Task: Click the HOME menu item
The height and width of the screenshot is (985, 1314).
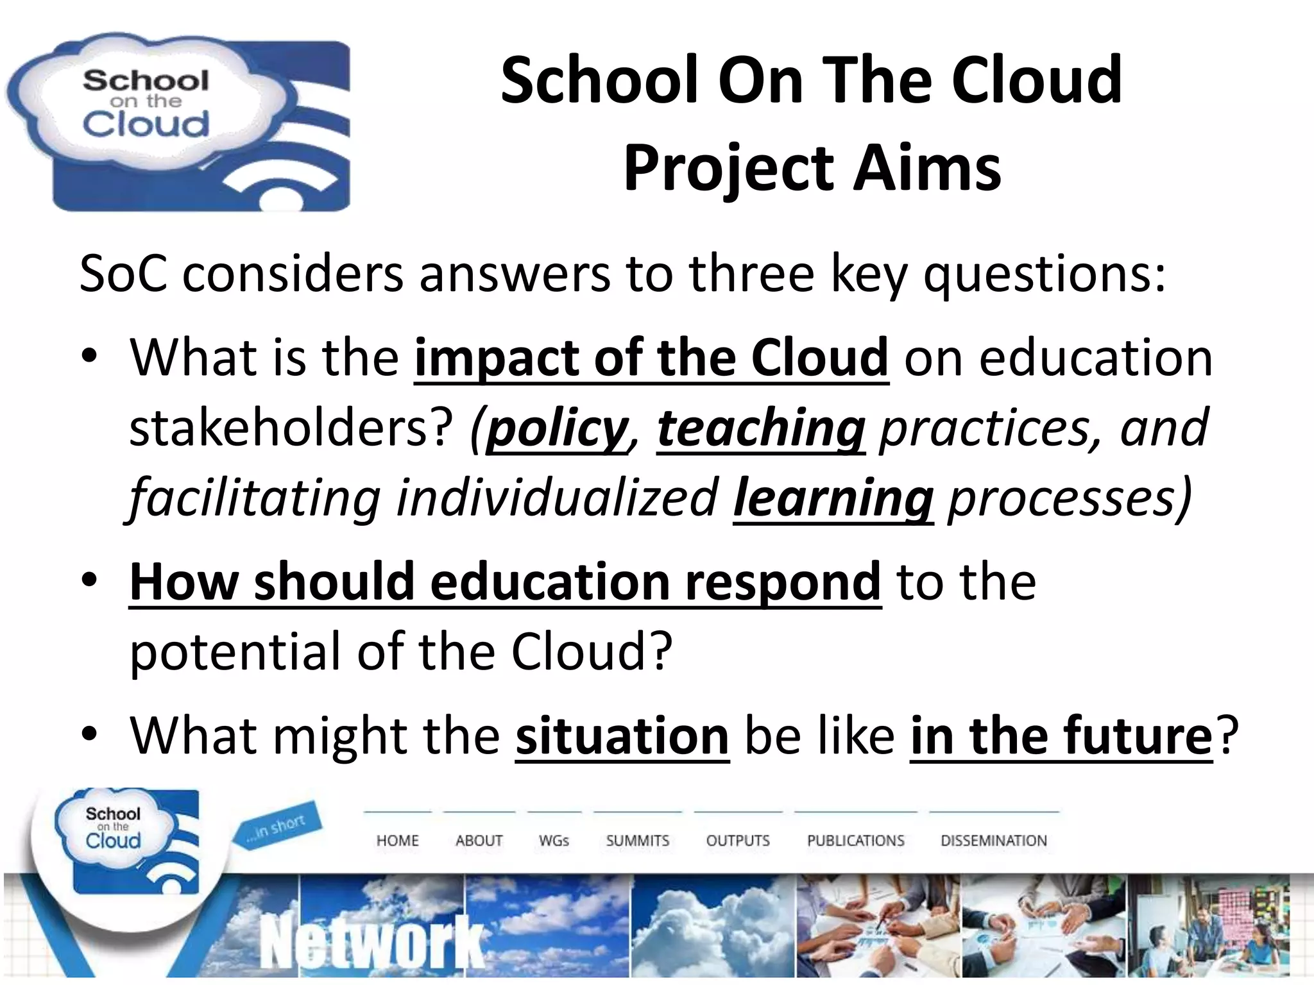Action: pyautogui.click(x=397, y=840)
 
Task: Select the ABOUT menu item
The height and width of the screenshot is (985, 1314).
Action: pyautogui.click(x=479, y=840)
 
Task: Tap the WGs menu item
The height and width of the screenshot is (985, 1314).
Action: pyautogui.click(x=554, y=840)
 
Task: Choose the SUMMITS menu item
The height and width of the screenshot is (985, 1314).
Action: pyautogui.click(x=637, y=840)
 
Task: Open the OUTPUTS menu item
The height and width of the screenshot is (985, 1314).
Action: pyautogui.click(x=737, y=840)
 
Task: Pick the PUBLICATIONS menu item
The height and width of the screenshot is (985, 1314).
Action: pyautogui.click(x=855, y=840)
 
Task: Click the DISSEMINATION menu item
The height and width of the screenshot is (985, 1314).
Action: pyautogui.click(x=993, y=840)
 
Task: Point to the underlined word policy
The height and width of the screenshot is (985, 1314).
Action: pyautogui.click(x=556, y=428)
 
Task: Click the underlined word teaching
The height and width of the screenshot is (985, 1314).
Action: pyautogui.click(x=761, y=428)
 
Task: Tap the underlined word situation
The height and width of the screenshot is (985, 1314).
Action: pyautogui.click(x=622, y=736)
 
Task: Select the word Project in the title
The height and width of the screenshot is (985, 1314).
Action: pyautogui.click(x=729, y=168)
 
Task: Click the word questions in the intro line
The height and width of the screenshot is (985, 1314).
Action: pyautogui.click(x=1043, y=274)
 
